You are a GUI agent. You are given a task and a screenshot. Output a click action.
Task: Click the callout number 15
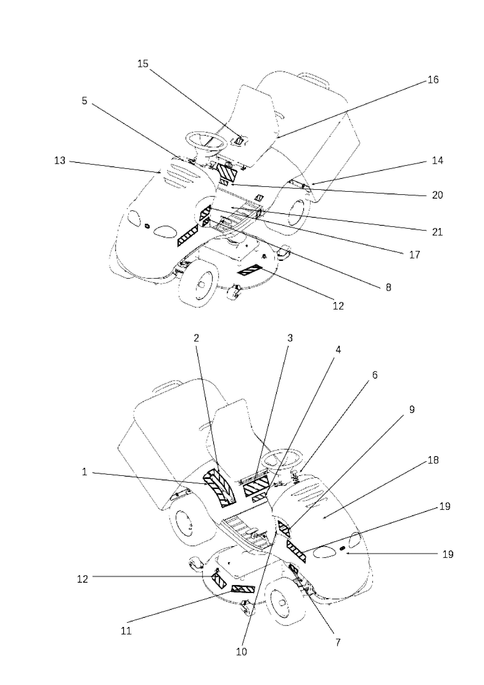(x=143, y=64)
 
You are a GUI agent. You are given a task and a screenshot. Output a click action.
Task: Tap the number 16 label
(x=433, y=80)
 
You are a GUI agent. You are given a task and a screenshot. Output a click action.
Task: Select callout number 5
(x=85, y=101)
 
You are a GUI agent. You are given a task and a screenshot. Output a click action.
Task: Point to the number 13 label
(x=60, y=161)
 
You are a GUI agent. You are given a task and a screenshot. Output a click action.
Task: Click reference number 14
(x=438, y=161)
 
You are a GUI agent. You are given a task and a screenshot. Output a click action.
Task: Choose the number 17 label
(x=414, y=254)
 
